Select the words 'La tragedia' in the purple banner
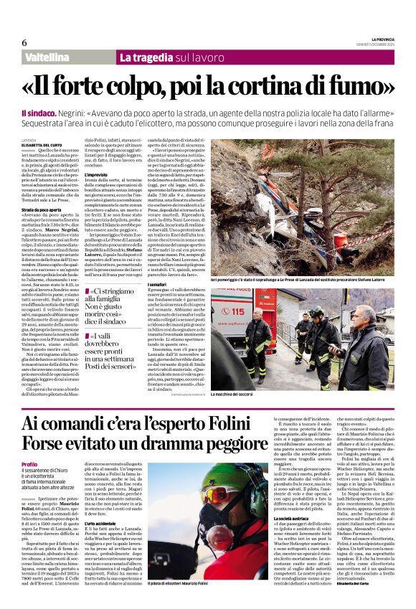pos(146,57)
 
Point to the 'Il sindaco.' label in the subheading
pos(37,113)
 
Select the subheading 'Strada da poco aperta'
pos(44,209)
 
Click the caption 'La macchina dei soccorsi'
pos(242,394)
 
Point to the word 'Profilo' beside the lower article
pos(30,465)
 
